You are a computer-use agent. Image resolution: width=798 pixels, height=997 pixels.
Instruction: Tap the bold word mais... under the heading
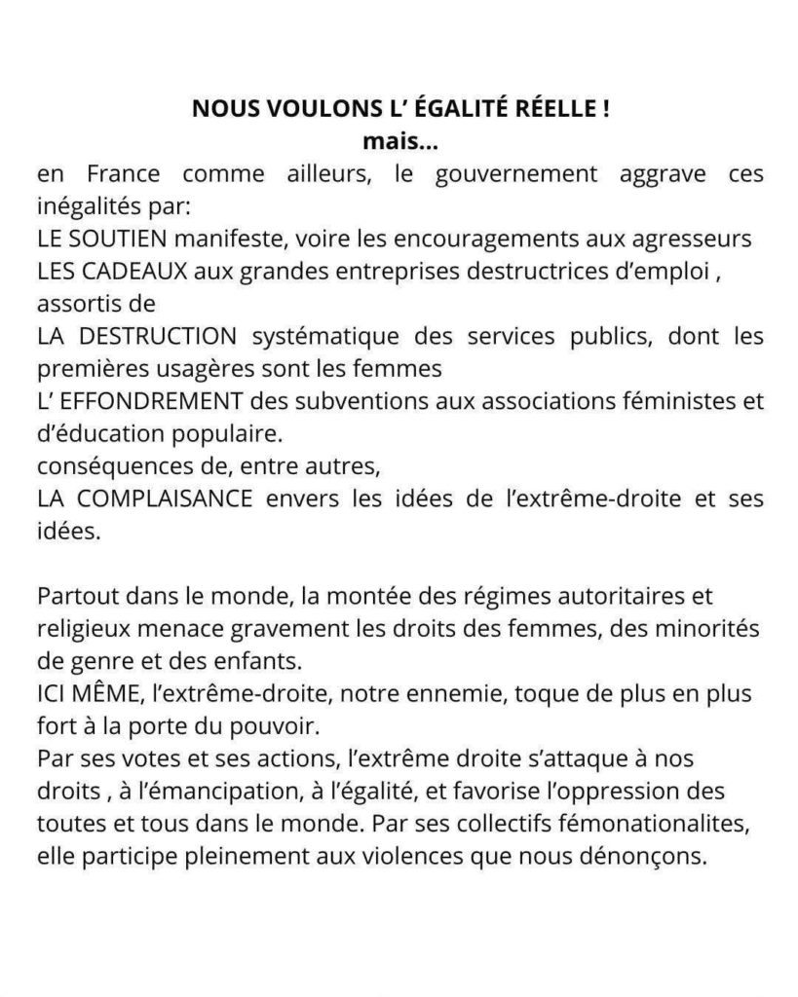coord(400,142)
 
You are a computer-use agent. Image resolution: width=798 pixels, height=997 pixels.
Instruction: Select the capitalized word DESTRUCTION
coord(154,336)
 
